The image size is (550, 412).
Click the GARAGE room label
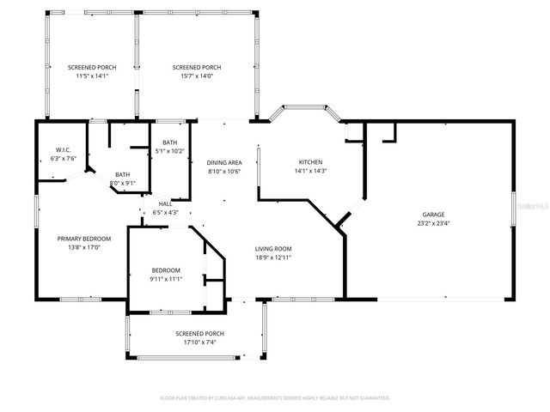click(x=433, y=215)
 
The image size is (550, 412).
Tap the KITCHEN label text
click(x=310, y=162)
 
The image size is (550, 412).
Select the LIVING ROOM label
click(x=273, y=249)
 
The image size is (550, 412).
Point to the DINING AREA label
click(x=224, y=162)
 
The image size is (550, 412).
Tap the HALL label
click(x=165, y=203)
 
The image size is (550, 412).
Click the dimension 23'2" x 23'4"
click(x=433, y=223)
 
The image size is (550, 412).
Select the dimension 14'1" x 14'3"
click(x=310, y=171)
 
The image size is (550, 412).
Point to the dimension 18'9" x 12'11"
click(x=273, y=257)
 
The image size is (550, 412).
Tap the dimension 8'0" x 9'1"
click(x=123, y=183)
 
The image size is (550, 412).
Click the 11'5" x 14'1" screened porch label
click(x=92, y=76)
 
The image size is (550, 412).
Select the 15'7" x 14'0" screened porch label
click(x=197, y=76)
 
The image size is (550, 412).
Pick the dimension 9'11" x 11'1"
click(x=166, y=279)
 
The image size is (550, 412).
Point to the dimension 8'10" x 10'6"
click(x=224, y=171)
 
